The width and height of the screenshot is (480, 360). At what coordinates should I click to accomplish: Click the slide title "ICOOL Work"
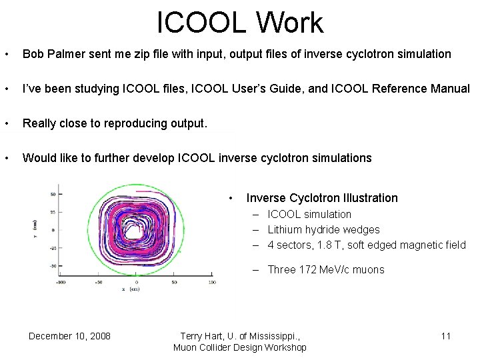240,23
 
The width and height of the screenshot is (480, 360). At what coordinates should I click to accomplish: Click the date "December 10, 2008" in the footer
69,336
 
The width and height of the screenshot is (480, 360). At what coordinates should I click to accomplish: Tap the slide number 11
445,336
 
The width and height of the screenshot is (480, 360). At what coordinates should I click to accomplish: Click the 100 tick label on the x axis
211,282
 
